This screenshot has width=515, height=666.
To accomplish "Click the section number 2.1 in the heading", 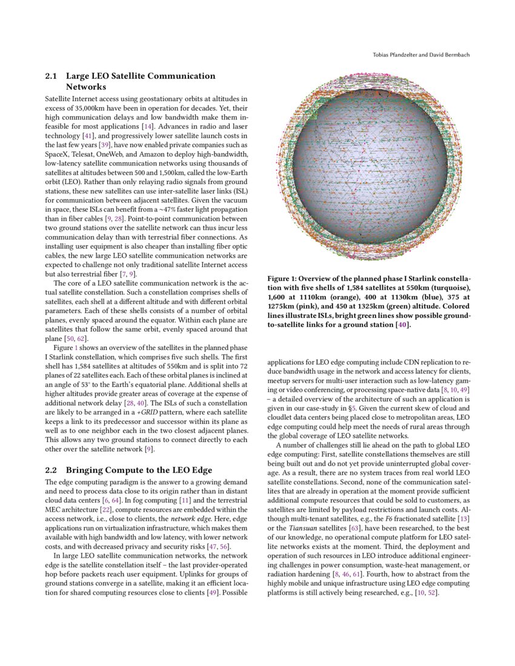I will point(53,76).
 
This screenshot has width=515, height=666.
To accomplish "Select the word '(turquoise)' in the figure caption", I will point(450,288).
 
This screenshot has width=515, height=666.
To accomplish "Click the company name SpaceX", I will point(58,154).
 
